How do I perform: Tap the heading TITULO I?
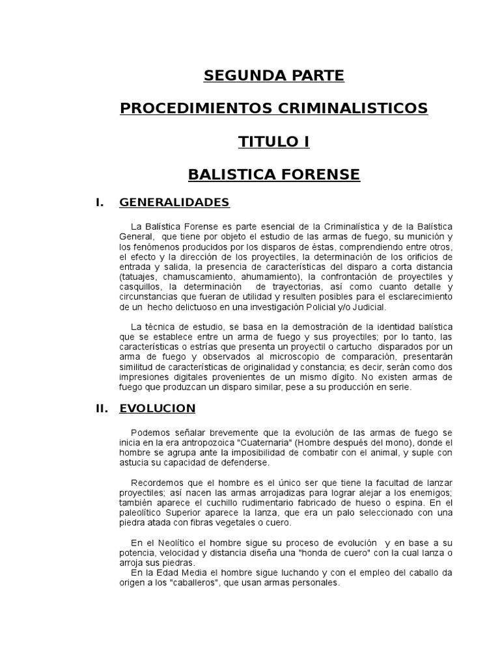[273, 142]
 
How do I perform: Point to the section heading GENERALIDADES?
[174, 202]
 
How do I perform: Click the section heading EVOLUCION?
[158, 408]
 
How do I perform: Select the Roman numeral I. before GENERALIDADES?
[100, 202]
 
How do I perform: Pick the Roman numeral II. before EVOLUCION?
[102, 408]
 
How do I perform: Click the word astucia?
[135, 462]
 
